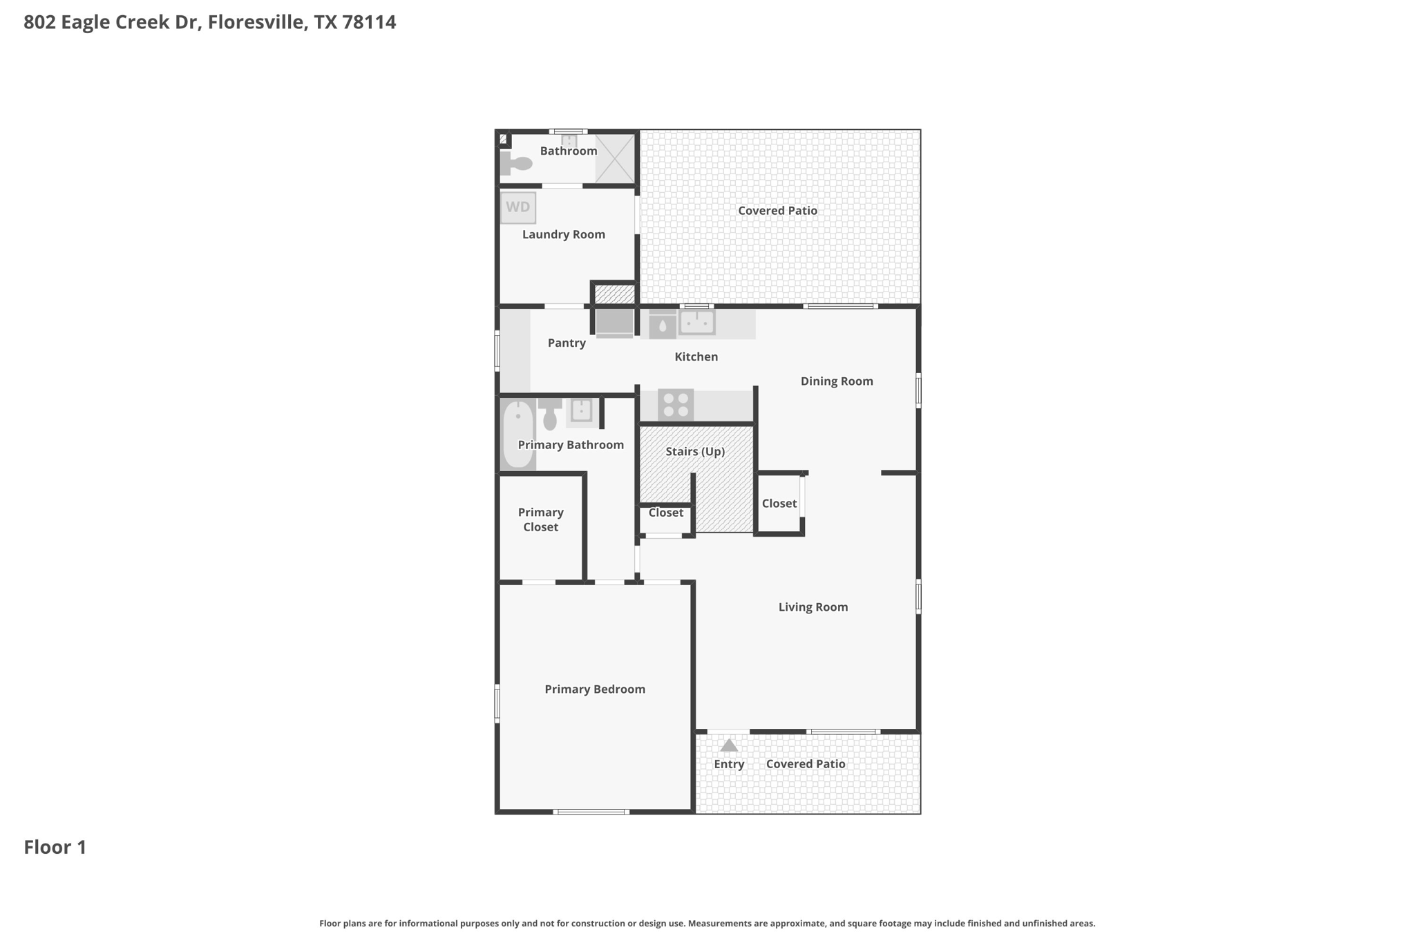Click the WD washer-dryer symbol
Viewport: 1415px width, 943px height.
pos(517,207)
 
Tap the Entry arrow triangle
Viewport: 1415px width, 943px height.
pos(729,746)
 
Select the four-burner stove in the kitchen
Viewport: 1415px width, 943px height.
pos(675,405)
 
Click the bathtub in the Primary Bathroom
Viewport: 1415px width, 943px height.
pos(517,435)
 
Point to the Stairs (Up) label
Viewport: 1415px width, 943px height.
pos(695,451)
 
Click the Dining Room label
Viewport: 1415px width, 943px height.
pos(837,381)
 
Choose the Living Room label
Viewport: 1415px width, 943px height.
pos(813,607)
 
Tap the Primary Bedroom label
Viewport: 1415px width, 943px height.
pos(594,689)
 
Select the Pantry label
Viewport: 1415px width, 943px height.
pos(567,343)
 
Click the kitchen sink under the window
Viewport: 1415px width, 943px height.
pos(696,323)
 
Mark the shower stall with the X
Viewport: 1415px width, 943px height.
pos(615,159)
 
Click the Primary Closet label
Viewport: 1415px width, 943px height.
pos(540,520)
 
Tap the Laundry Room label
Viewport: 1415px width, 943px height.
pos(563,234)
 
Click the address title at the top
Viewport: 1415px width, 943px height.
pos(209,22)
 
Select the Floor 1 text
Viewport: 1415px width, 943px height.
pos(55,847)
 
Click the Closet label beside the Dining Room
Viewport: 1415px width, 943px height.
pos(779,504)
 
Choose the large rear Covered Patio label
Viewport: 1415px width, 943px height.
pos(777,211)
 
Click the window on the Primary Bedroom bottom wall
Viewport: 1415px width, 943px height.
pos(591,812)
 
